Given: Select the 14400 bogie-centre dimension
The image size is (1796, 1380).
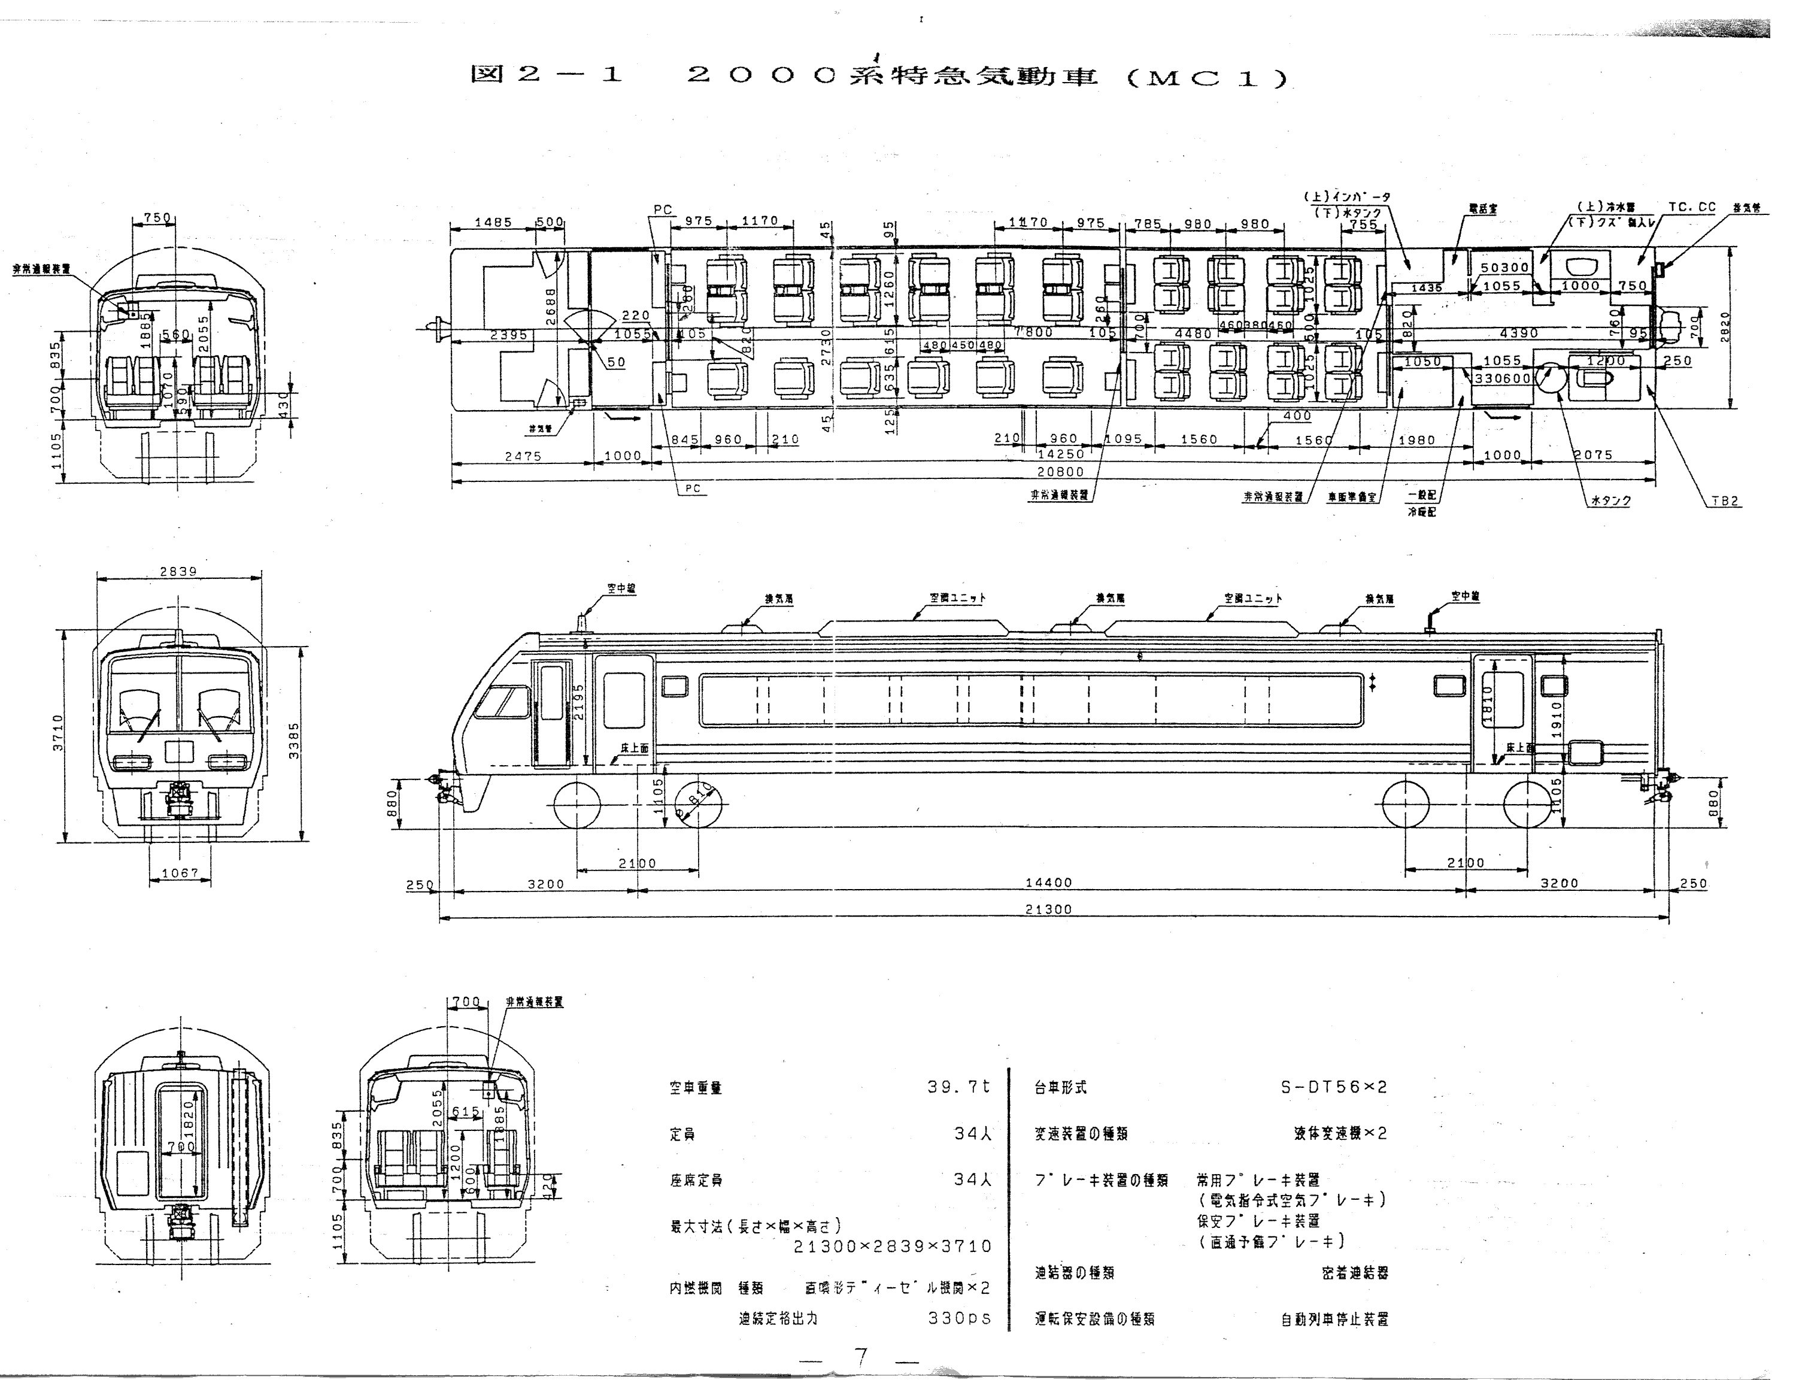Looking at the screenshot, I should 1049,882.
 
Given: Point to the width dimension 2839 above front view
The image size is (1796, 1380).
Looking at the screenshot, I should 178,571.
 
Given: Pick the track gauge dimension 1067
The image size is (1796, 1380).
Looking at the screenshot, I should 180,872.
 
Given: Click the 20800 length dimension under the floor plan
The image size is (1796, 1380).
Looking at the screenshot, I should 1060,472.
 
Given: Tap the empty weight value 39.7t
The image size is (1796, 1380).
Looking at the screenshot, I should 958,1087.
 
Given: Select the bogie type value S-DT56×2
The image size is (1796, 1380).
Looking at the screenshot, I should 1334,1087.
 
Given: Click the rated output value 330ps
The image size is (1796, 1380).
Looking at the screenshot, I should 959,1318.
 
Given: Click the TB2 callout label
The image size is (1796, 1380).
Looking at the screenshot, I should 1725,501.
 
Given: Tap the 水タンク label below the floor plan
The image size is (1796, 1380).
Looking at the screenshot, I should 1610,501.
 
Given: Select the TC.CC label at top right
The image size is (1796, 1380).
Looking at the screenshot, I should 1692,207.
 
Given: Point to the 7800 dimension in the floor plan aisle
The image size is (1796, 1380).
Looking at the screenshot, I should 1033,333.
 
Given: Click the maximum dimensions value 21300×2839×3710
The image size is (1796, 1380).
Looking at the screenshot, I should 893,1246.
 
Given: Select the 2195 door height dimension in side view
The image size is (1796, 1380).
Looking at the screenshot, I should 578,702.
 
